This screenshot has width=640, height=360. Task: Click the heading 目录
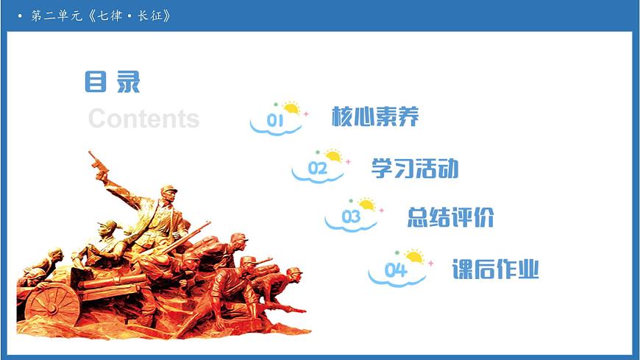click(112, 82)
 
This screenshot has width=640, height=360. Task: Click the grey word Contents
click(143, 119)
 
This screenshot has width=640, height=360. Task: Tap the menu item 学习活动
click(415, 168)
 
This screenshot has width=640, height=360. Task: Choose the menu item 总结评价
click(450, 217)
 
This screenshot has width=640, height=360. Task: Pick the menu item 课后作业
click(495, 269)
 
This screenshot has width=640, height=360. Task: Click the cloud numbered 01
click(275, 122)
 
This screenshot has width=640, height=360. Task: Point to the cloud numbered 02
click(317, 170)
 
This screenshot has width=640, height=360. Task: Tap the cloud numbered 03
click(351, 219)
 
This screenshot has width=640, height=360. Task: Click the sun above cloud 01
click(292, 109)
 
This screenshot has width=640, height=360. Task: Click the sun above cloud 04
click(414, 257)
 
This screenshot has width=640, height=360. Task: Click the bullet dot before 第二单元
click(21, 15)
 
